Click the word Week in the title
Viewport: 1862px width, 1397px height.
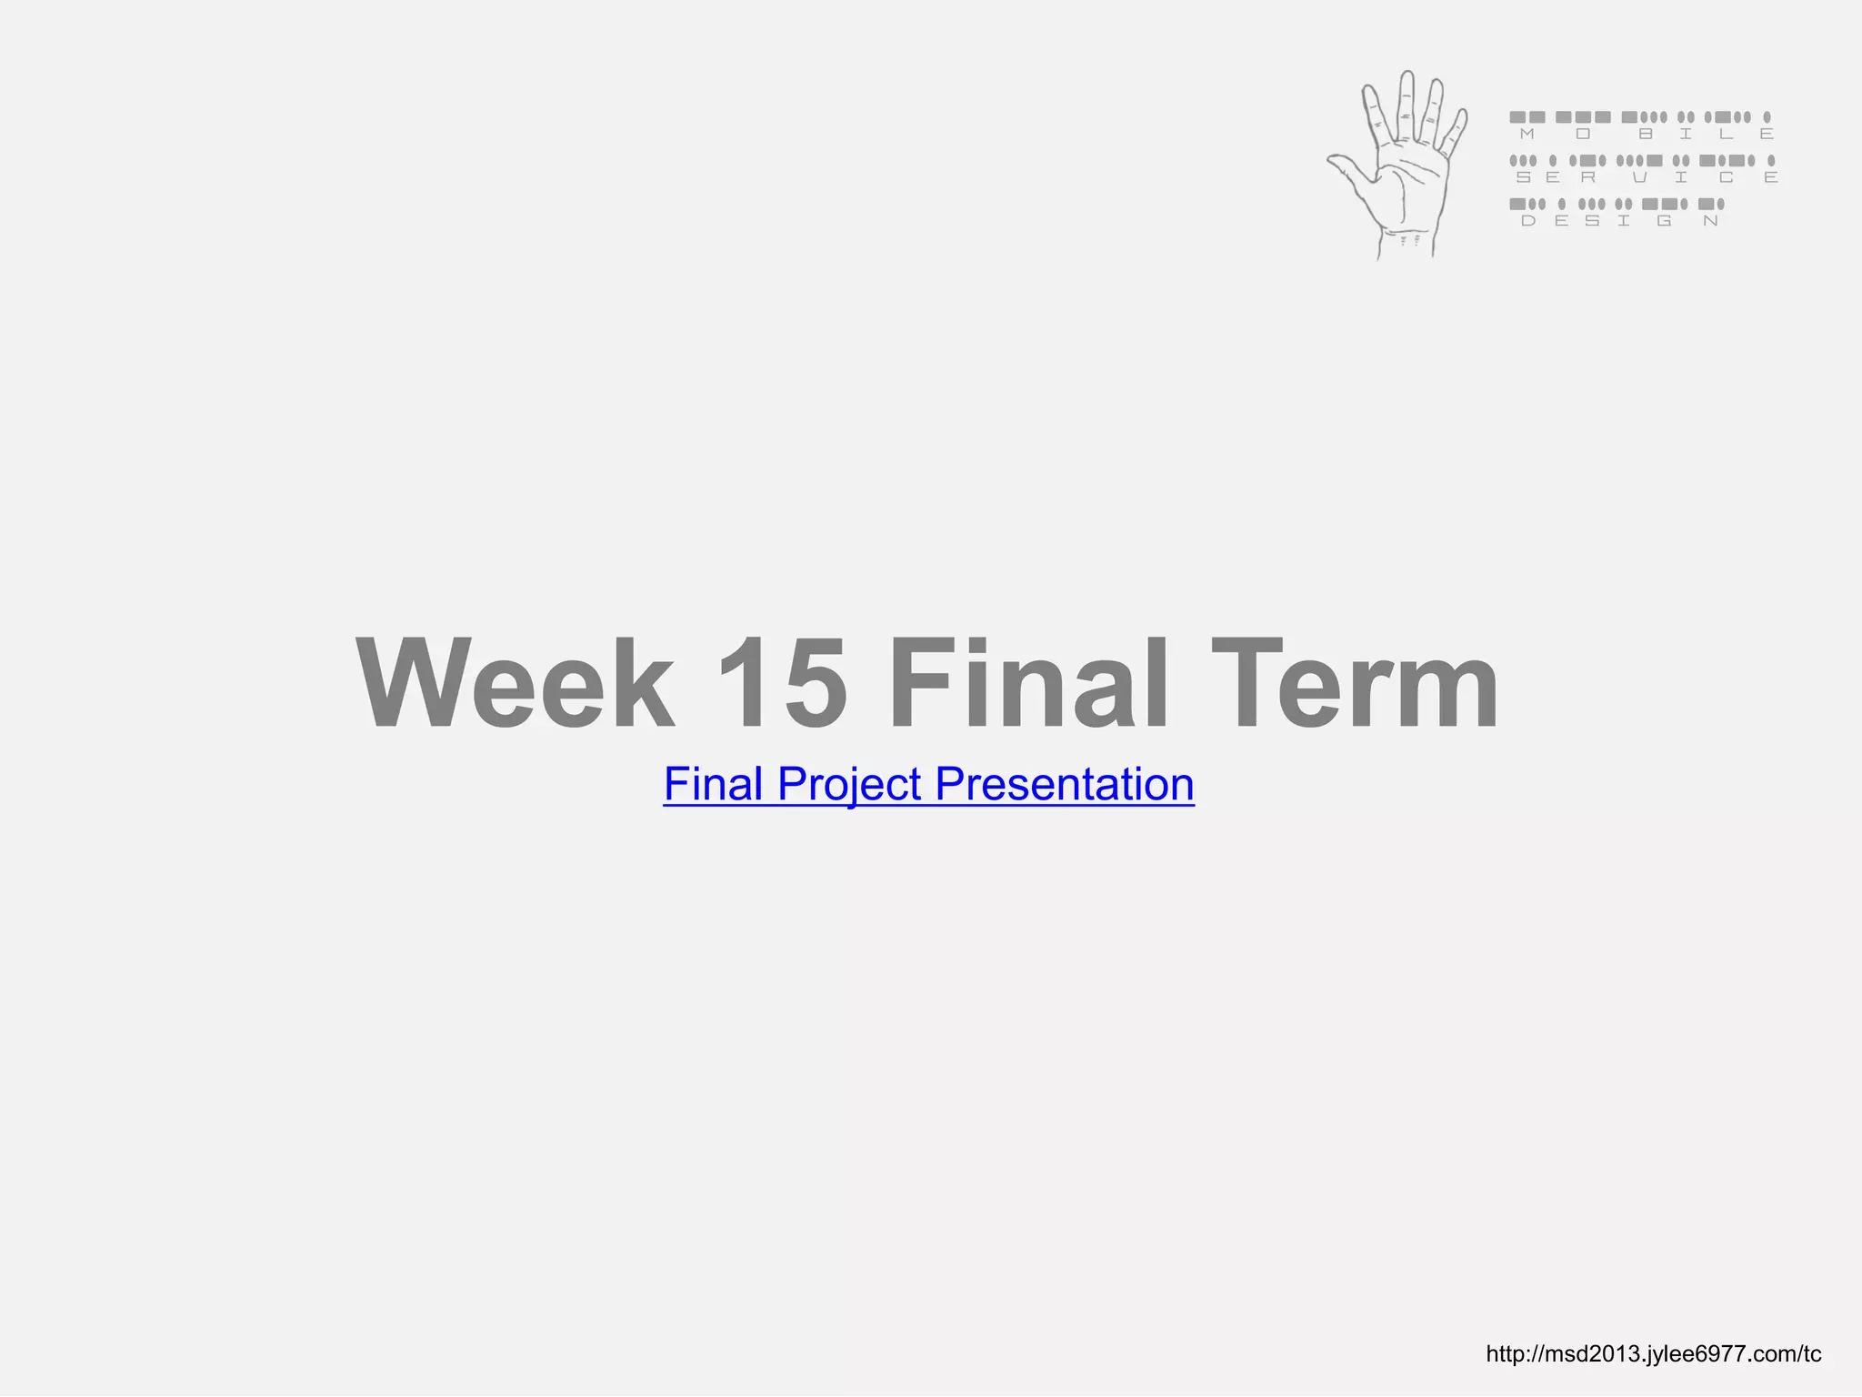tap(515, 684)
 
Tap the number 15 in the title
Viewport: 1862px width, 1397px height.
tap(780, 684)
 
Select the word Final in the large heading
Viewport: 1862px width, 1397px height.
tap(1027, 684)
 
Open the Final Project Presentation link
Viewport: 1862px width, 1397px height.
tap(928, 784)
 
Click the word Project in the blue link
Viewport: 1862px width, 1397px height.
tap(849, 784)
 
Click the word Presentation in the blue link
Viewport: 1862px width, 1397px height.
tap(1064, 784)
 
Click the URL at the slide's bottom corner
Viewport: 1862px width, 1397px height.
tap(1653, 1354)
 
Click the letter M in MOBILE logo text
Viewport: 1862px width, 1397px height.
tap(1527, 135)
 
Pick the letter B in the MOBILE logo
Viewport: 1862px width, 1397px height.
tap(1645, 135)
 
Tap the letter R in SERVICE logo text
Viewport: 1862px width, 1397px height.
tap(1587, 178)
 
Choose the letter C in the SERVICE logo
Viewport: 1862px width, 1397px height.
tap(1726, 178)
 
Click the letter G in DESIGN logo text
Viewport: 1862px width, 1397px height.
tap(1664, 221)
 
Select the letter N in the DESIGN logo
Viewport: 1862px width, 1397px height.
tap(1710, 221)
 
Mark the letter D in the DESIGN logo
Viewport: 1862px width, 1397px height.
tap(1527, 221)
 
